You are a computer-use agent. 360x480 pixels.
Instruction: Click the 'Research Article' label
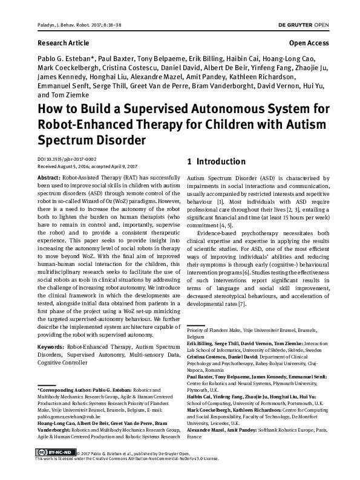pos(63,44)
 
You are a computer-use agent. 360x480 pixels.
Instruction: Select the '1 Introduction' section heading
pos(216,162)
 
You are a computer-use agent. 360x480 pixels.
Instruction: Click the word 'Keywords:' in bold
pos(52,348)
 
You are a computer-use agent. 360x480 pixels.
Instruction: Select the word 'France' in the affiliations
pos(194,436)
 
